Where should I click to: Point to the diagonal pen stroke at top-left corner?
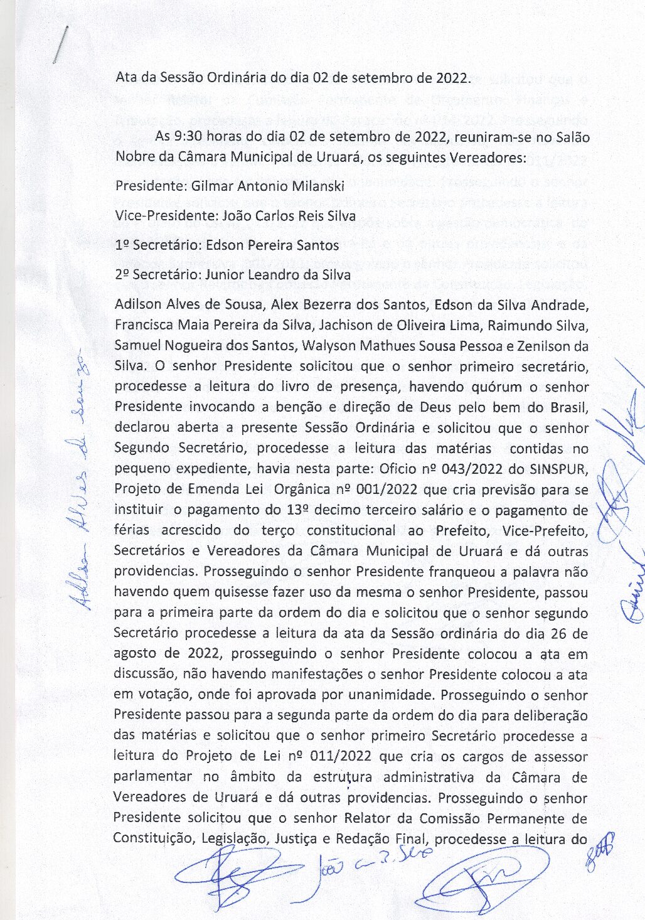coord(60,44)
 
